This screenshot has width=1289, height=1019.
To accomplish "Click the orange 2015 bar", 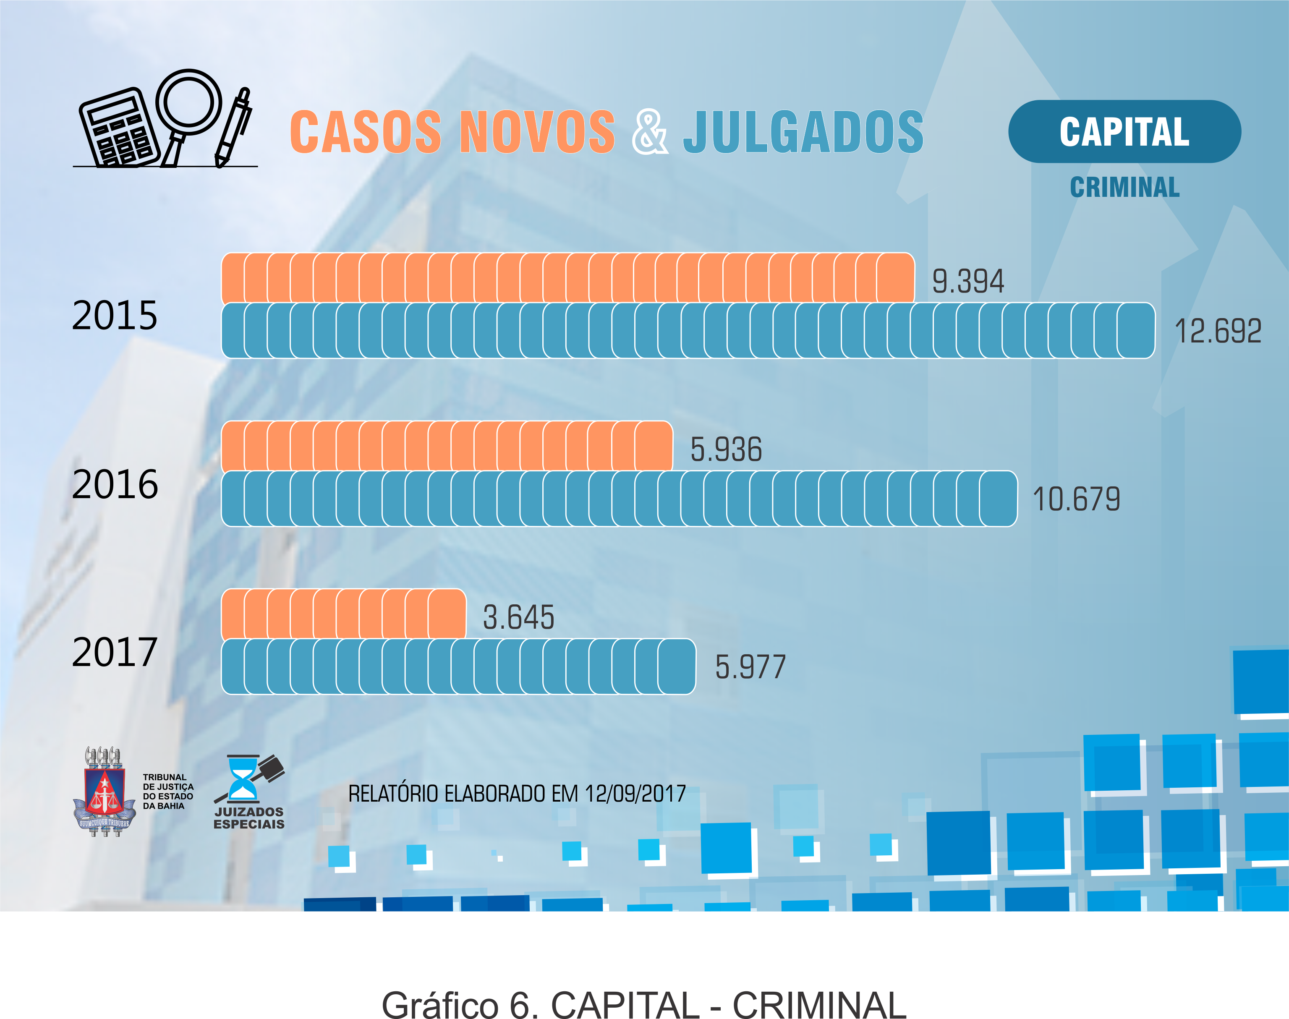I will click(x=567, y=278).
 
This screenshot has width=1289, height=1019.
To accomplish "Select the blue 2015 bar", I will click(x=688, y=331).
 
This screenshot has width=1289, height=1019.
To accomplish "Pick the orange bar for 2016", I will click(x=446, y=446).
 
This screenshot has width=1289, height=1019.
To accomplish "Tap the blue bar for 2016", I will click(x=619, y=499).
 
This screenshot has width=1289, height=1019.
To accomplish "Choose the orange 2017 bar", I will click(x=343, y=614).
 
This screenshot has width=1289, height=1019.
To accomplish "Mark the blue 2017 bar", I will click(x=458, y=666).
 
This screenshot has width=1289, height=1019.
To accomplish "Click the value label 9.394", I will click(x=968, y=281).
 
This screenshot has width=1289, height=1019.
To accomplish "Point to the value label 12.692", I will click(x=1217, y=331).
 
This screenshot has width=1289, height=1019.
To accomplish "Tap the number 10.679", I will click(x=1076, y=499).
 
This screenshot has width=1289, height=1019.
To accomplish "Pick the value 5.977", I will click(x=750, y=667).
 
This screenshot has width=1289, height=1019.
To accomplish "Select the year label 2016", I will click(x=115, y=484).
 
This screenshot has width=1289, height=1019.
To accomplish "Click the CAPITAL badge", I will click(x=1124, y=131).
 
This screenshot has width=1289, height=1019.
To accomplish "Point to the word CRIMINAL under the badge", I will click(x=1124, y=187).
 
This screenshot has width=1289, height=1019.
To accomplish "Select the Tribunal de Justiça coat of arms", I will click(x=105, y=791).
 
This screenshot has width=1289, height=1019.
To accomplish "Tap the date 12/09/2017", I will click(x=635, y=794).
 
